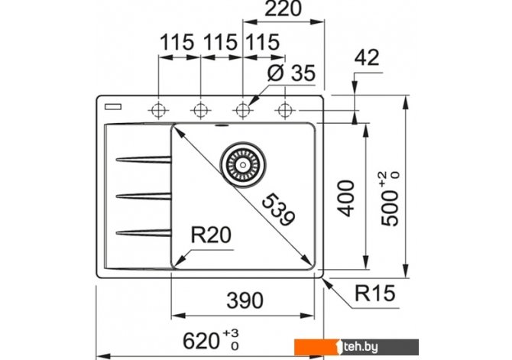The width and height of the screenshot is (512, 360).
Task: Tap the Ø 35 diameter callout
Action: click(293, 75)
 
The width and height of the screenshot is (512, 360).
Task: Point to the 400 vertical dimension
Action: click(348, 198)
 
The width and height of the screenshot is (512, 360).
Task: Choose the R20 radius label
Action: click(210, 235)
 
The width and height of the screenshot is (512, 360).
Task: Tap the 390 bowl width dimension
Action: click(244, 299)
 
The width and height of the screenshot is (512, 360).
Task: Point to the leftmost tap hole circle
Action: click(159, 109)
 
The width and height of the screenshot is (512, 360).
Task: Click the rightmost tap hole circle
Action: click(284, 109)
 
